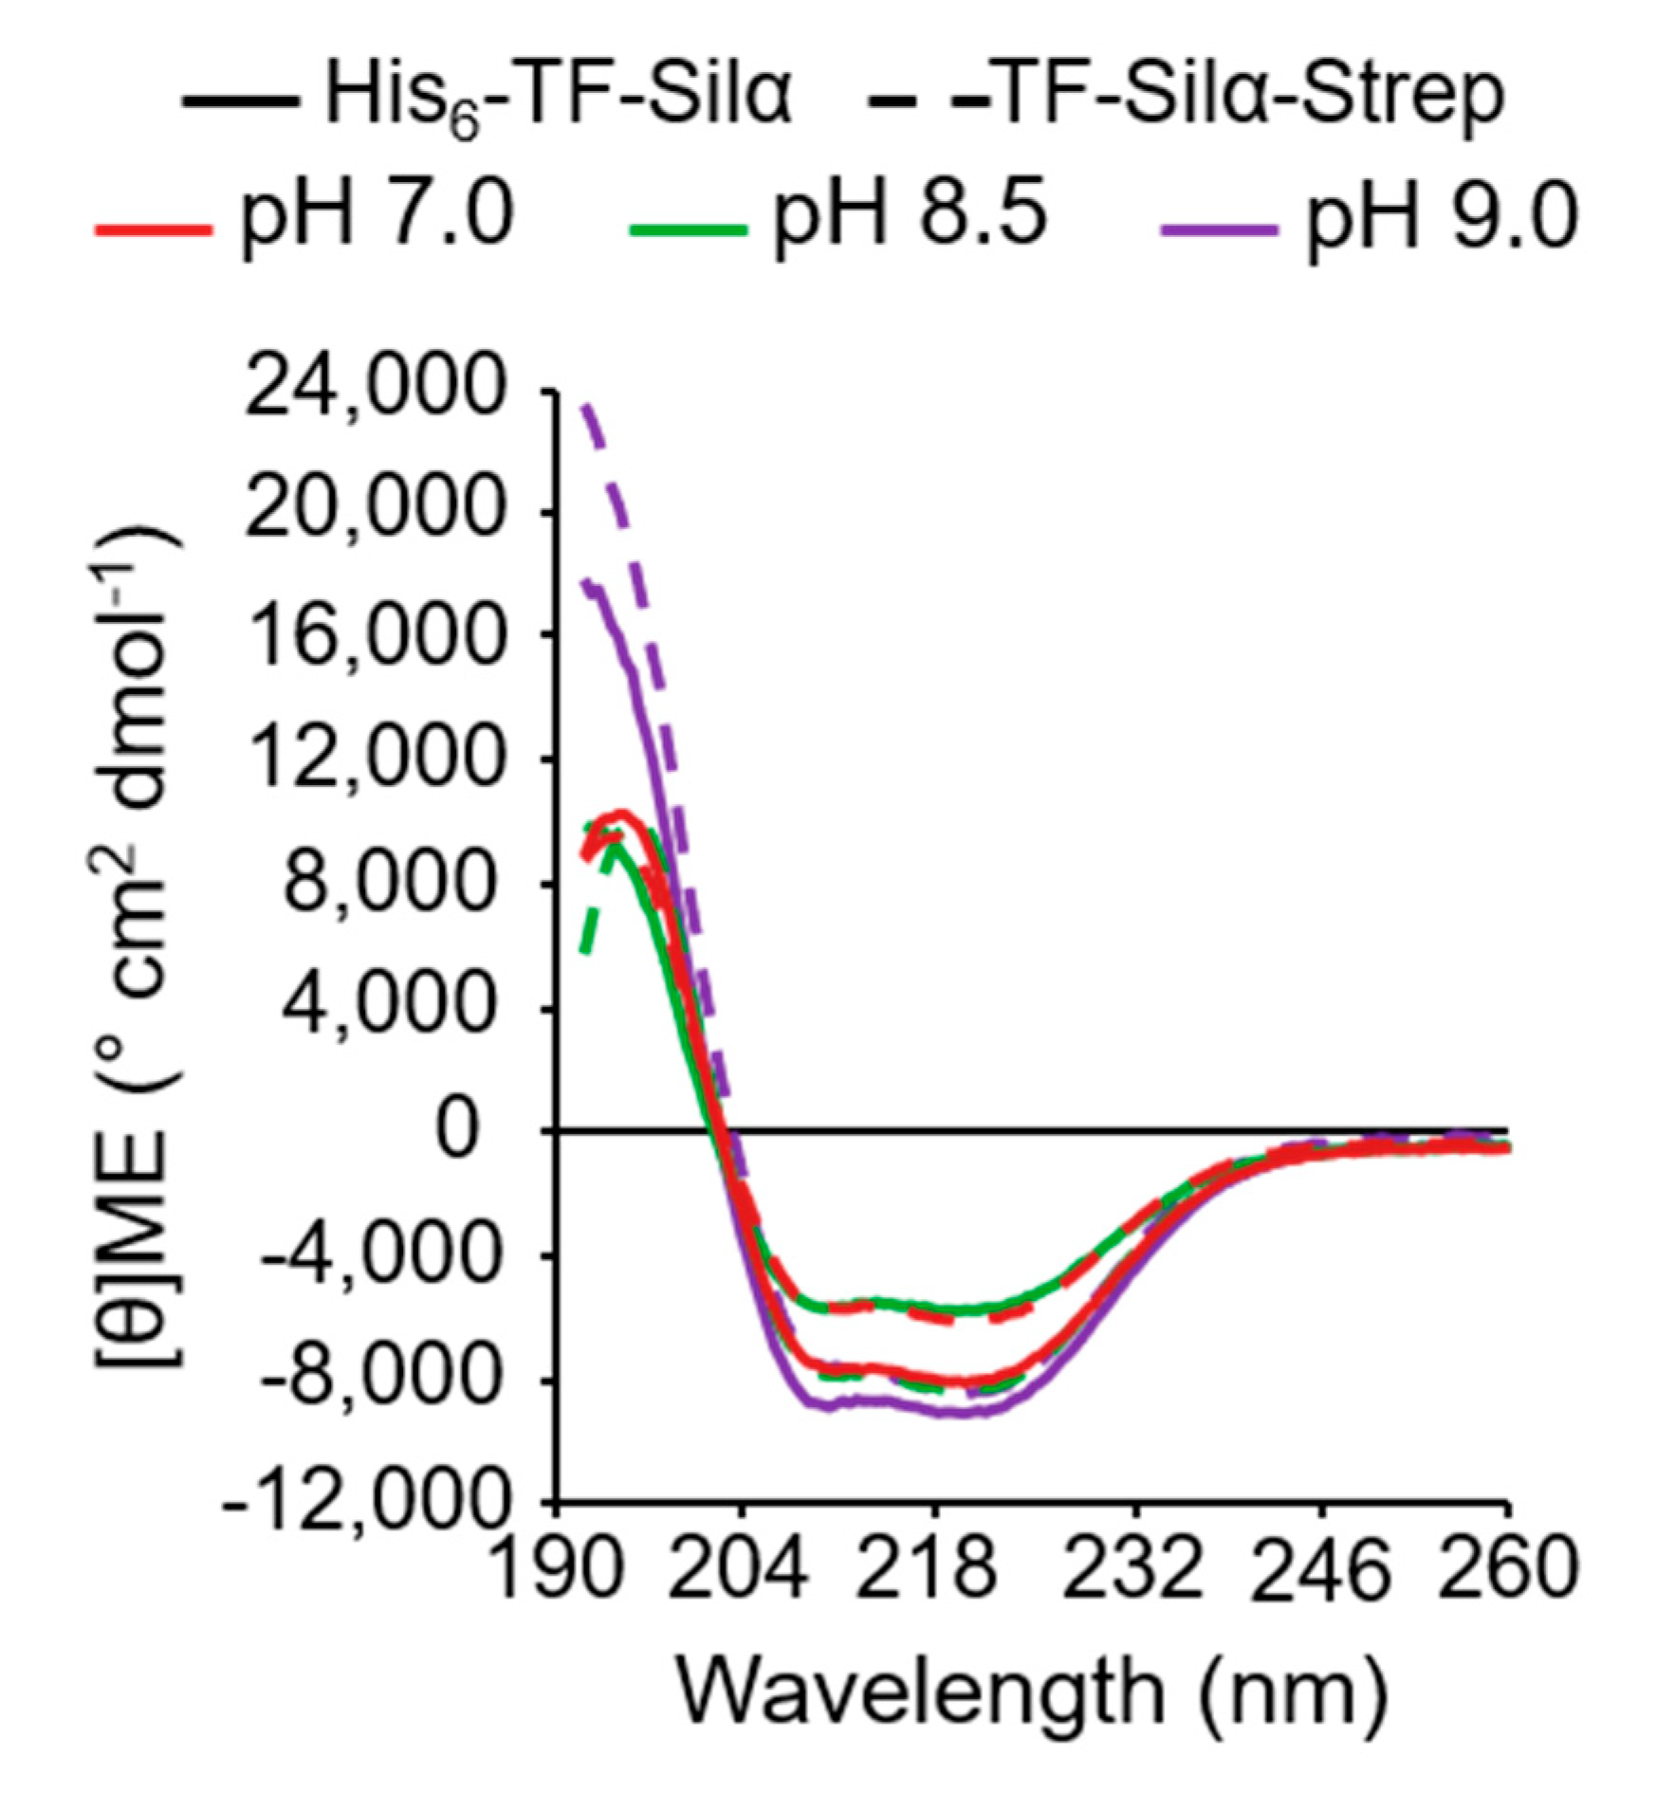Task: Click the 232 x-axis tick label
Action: (x=1132, y=1570)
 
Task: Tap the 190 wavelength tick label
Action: (x=560, y=1570)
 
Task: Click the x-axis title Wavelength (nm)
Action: (x=1031, y=1693)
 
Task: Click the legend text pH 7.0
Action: (x=377, y=215)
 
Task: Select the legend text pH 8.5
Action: (x=911, y=215)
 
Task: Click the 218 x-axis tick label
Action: (x=934, y=1570)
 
